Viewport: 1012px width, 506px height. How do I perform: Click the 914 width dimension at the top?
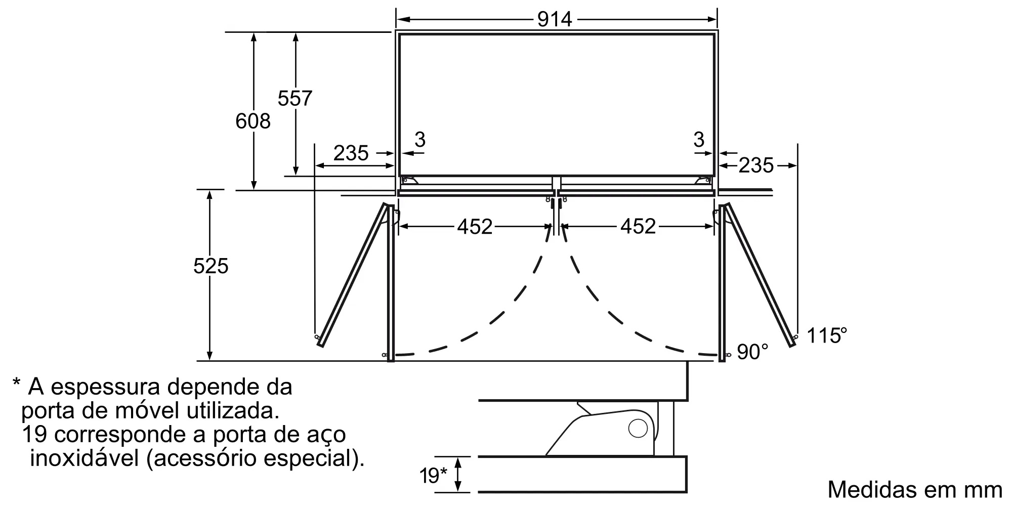[555, 19]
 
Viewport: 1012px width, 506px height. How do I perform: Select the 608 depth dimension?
[253, 121]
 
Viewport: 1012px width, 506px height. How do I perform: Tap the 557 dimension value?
[295, 98]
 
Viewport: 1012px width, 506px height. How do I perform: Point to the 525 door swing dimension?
[211, 266]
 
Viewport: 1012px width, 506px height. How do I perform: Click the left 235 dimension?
[351, 153]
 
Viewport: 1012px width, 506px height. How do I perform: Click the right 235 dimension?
[756, 165]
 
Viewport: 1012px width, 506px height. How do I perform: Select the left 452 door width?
[475, 227]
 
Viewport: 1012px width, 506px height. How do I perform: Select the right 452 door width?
[638, 227]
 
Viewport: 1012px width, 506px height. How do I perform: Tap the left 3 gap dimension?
[420, 139]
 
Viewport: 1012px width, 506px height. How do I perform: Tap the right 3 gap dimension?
[699, 139]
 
